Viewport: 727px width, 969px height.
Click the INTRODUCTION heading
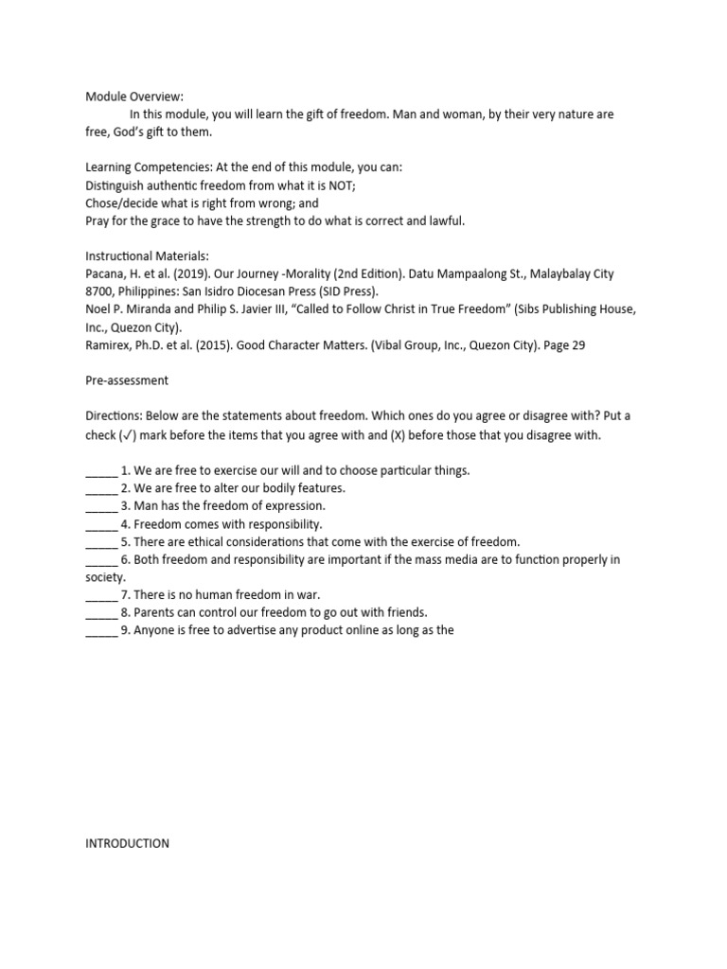point(128,843)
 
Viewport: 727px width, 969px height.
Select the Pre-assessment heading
point(127,381)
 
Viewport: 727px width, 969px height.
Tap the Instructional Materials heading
point(149,255)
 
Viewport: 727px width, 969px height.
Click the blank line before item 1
point(100,470)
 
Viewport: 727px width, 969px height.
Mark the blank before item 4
point(100,524)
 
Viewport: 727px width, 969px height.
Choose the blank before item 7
point(100,595)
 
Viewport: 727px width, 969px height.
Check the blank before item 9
point(100,631)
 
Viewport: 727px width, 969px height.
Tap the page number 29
point(577,345)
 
